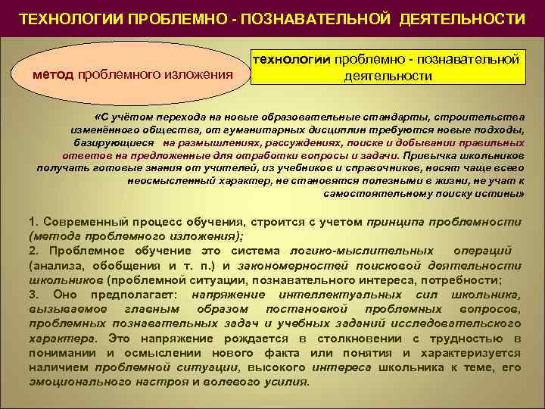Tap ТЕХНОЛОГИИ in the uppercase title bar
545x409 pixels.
(x=66, y=17)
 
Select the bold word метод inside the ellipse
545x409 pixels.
(x=54, y=73)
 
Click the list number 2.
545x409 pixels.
(x=32, y=250)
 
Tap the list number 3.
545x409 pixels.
(x=32, y=293)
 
